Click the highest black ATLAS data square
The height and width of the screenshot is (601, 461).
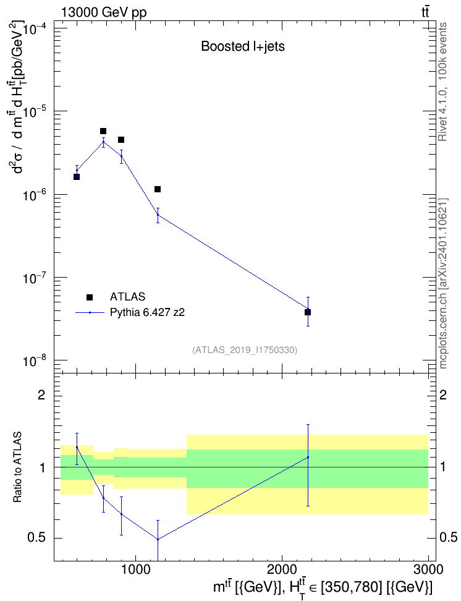pyautogui.click(x=103, y=131)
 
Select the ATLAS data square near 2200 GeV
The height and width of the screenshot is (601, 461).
pyautogui.click(x=308, y=312)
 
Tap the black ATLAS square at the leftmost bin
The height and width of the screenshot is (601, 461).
pyautogui.click(x=77, y=177)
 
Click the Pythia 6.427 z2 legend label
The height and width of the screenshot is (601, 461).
pyautogui.click(x=147, y=312)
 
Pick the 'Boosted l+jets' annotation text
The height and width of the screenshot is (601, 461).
pyautogui.click(x=243, y=46)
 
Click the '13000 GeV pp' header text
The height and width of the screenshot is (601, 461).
pyautogui.click(x=103, y=12)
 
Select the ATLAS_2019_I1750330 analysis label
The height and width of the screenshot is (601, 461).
pyautogui.click(x=245, y=350)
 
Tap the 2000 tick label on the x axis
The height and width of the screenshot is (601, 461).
pyautogui.click(x=282, y=569)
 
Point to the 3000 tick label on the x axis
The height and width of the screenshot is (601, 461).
pyautogui.click(x=428, y=569)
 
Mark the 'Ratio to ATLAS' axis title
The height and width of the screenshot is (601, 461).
pyautogui.click(x=17, y=467)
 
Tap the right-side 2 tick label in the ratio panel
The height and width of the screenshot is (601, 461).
pyautogui.click(x=443, y=394)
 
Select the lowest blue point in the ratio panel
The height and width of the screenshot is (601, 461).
pyautogui.click(x=158, y=539)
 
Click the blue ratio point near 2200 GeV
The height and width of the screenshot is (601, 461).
pyautogui.click(x=308, y=458)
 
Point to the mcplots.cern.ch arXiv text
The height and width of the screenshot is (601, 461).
pyautogui.click(x=443, y=283)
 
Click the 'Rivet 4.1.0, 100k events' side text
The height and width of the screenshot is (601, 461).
pyautogui.click(x=442, y=82)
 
